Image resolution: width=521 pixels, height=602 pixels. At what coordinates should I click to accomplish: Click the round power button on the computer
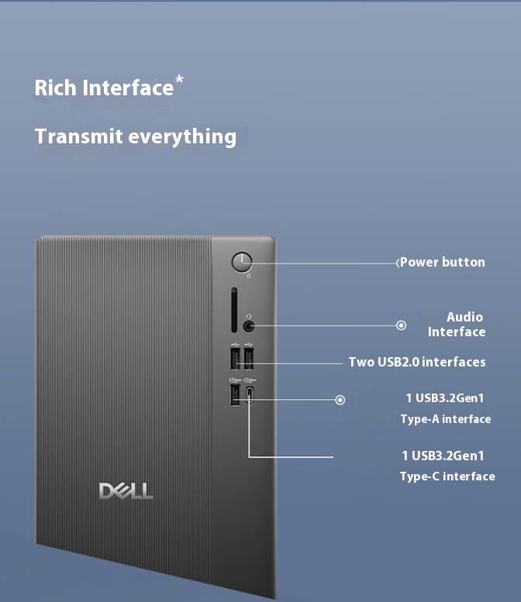coord(243,262)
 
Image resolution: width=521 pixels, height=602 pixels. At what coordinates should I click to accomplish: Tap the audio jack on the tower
coord(249,326)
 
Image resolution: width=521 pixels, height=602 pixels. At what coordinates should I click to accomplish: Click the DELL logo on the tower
coord(126,490)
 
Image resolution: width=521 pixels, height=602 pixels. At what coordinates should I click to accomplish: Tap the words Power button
coord(442,262)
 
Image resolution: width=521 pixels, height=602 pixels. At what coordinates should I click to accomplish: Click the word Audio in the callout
coord(464,316)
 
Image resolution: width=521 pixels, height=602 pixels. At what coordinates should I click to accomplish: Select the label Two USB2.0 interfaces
coord(417,362)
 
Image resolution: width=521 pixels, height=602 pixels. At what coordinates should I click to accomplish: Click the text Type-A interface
coord(445,419)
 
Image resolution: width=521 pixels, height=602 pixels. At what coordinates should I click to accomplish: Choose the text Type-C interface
coord(447,476)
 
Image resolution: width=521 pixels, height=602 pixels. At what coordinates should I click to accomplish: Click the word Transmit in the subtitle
coord(78,136)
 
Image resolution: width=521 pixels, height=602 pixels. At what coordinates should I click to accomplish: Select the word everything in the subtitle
coord(182,136)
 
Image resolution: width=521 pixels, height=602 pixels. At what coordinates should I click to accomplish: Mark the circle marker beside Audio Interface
coord(401,325)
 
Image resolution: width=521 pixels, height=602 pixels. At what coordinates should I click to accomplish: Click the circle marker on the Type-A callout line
coord(340,400)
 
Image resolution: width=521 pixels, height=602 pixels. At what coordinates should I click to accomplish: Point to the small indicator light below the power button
coord(248,276)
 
